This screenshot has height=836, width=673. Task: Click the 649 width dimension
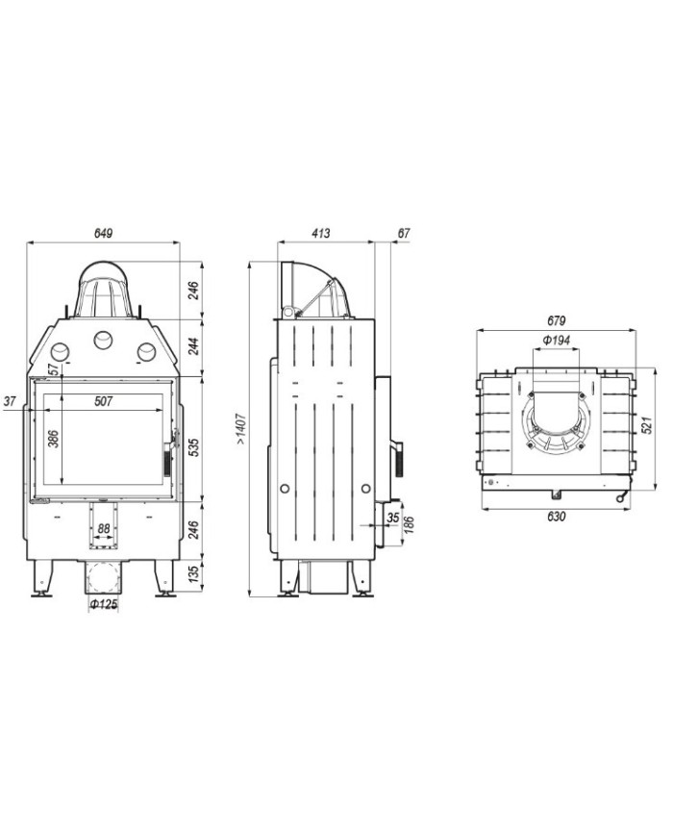click(104, 234)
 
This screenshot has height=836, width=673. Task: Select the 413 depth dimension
click(321, 234)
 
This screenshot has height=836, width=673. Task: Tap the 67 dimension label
click(404, 234)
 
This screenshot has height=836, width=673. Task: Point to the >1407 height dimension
click(241, 429)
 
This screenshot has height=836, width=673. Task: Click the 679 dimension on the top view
click(556, 321)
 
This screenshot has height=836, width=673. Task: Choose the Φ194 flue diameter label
click(556, 341)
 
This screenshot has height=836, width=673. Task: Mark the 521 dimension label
click(647, 425)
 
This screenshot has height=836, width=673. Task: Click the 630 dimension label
click(556, 516)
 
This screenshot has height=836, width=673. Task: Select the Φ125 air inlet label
click(104, 604)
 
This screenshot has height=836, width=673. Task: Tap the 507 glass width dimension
click(104, 401)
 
